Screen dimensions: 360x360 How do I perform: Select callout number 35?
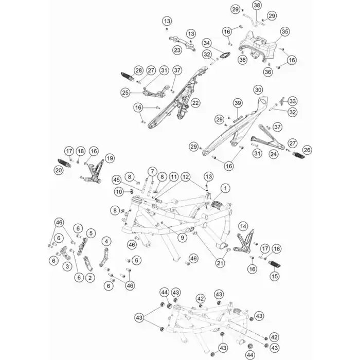(284, 32)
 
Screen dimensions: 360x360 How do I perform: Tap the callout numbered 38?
(257, 5)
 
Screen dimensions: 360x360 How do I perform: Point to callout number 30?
(259, 90)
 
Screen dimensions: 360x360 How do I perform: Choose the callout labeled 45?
(116, 179)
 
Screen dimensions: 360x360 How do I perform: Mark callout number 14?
(243, 225)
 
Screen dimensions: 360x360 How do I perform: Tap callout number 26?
(308, 150)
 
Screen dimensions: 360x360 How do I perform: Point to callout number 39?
(238, 103)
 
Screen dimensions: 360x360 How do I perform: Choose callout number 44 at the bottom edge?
(249, 355)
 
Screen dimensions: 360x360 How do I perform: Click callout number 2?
(91, 278)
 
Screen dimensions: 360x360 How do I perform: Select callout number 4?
(106, 241)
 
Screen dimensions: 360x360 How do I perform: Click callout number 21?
(220, 263)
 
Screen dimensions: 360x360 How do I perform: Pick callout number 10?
(119, 192)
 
